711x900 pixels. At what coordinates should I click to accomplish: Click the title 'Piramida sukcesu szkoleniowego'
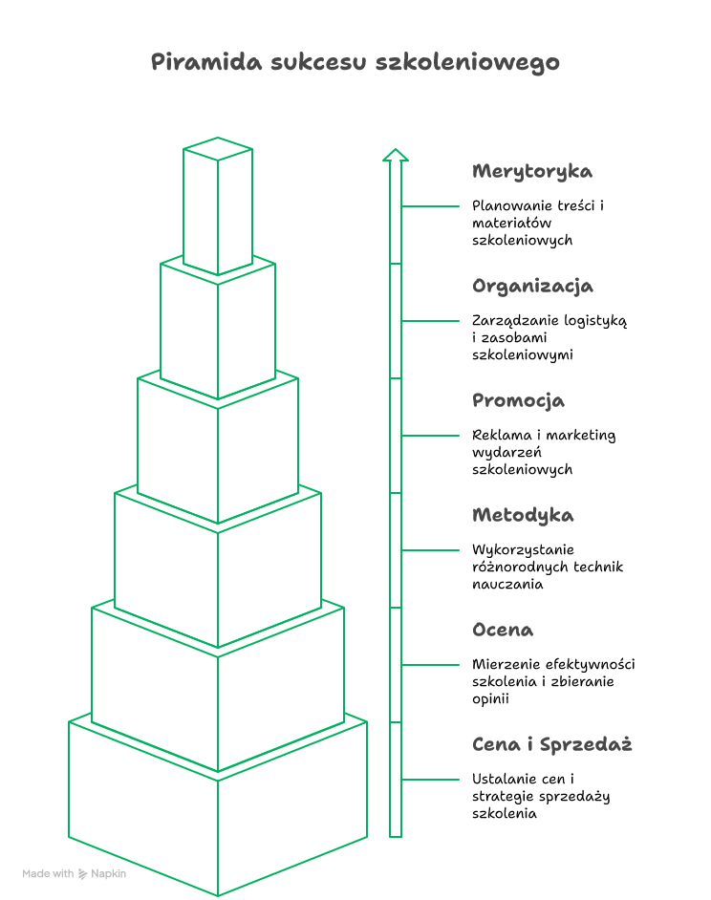tap(355, 62)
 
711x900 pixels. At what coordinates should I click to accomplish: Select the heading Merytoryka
tap(531, 172)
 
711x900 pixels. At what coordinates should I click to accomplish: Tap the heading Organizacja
tap(532, 287)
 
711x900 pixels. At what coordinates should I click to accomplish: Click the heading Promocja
tap(518, 400)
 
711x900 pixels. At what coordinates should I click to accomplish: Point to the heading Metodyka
tap(523, 515)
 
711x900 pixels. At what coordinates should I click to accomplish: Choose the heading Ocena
tap(503, 630)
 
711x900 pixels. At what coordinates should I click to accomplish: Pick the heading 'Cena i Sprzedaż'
tap(552, 744)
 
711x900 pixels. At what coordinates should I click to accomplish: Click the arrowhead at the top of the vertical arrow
tap(396, 155)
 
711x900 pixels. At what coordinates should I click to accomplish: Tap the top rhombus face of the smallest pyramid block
tap(218, 149)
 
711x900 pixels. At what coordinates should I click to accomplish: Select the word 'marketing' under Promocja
tap(581, 436)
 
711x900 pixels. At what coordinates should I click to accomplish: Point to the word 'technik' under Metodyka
tap(598, 568)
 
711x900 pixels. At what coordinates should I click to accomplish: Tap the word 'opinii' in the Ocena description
tap(490, 699)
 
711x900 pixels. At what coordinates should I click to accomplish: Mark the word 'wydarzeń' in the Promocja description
tap(506, 453)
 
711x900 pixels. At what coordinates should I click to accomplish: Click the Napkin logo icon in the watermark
tap(83, 873)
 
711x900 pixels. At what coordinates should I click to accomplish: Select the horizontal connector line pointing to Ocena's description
tap(430, 665)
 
